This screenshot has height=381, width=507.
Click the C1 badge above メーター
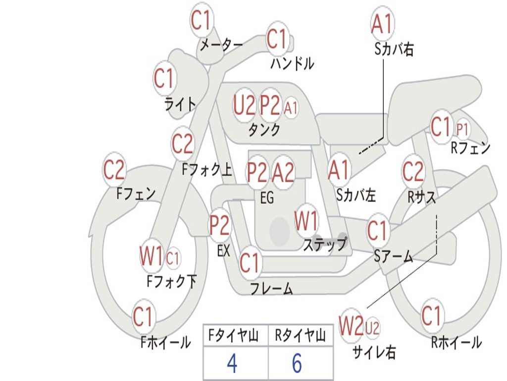202,20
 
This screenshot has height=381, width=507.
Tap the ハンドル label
292,63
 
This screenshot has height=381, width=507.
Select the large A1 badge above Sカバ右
382,23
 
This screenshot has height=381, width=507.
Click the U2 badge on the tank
245,105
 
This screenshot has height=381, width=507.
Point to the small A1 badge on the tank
291,107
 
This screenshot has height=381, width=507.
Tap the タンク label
264,129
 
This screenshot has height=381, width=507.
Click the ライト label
180,104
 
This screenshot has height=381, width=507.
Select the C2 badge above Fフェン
114,170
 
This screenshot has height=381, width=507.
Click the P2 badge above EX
219,226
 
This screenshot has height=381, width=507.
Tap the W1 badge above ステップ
306,221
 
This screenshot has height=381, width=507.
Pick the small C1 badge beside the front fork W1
173,258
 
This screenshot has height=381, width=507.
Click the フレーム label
271,288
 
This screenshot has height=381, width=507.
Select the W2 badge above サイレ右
351,326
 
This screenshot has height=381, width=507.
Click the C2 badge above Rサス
413,172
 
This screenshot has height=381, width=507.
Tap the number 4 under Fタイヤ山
232,364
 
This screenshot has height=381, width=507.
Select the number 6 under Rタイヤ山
297,364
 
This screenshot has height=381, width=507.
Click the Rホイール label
456,342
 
